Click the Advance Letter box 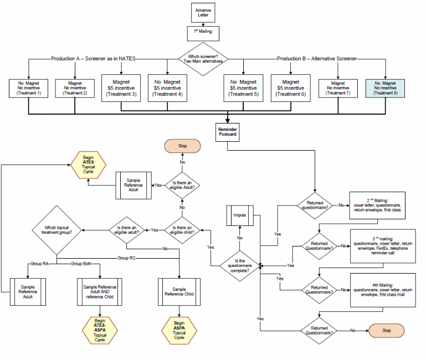click(x=203, y=12)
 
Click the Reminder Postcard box click(x=227, y=132)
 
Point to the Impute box click(x=240, y=214)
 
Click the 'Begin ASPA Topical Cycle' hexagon click(x=179, y=330)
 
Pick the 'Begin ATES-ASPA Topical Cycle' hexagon click(x=100, y=330)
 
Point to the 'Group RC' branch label click(x=126, y=258)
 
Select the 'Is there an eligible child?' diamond click(x=182, y=229)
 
